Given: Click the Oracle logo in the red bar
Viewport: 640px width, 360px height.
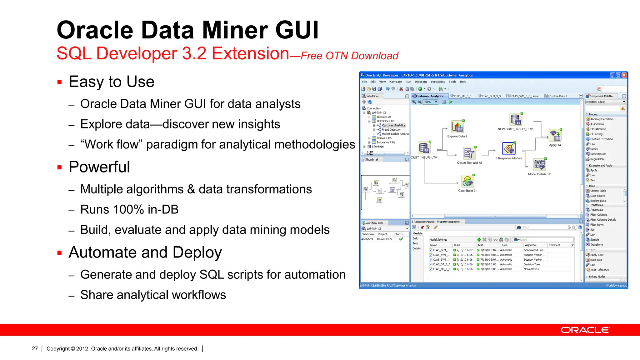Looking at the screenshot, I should pos(585,330).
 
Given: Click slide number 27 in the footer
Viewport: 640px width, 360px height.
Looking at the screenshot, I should pos(35,348).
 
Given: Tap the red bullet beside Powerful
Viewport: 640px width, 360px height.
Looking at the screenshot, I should pos(60,167).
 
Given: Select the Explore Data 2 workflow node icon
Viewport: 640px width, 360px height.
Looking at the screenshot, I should pos(457,127).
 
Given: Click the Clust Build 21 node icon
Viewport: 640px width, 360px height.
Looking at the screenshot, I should pos(467,181).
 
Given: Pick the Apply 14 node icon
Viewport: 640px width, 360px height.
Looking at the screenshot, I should pos(555,136).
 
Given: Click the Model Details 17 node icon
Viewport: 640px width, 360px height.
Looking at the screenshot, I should pos(539,164).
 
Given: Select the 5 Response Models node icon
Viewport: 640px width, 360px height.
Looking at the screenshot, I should pos(509,149).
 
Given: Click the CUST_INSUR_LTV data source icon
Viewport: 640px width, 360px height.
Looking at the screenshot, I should pos(424,147).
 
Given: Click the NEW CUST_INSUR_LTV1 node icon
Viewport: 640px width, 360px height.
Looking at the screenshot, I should pos(516,119).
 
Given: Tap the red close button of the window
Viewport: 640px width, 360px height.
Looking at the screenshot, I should pos(624,75).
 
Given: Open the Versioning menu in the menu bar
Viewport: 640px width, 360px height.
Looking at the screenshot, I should pos(437,82).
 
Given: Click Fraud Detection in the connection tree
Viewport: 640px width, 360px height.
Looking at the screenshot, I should pos(391,130).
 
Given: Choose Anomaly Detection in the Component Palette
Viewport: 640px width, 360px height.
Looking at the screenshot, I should pos(601,119).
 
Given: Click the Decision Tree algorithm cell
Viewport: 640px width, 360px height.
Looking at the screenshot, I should pos(532,264).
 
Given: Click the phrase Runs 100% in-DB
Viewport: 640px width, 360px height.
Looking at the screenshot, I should pos(129,209).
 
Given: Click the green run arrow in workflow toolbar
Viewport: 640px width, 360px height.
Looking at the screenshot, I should pos(451,102).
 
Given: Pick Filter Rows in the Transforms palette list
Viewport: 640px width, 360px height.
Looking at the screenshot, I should pos(597,225).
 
